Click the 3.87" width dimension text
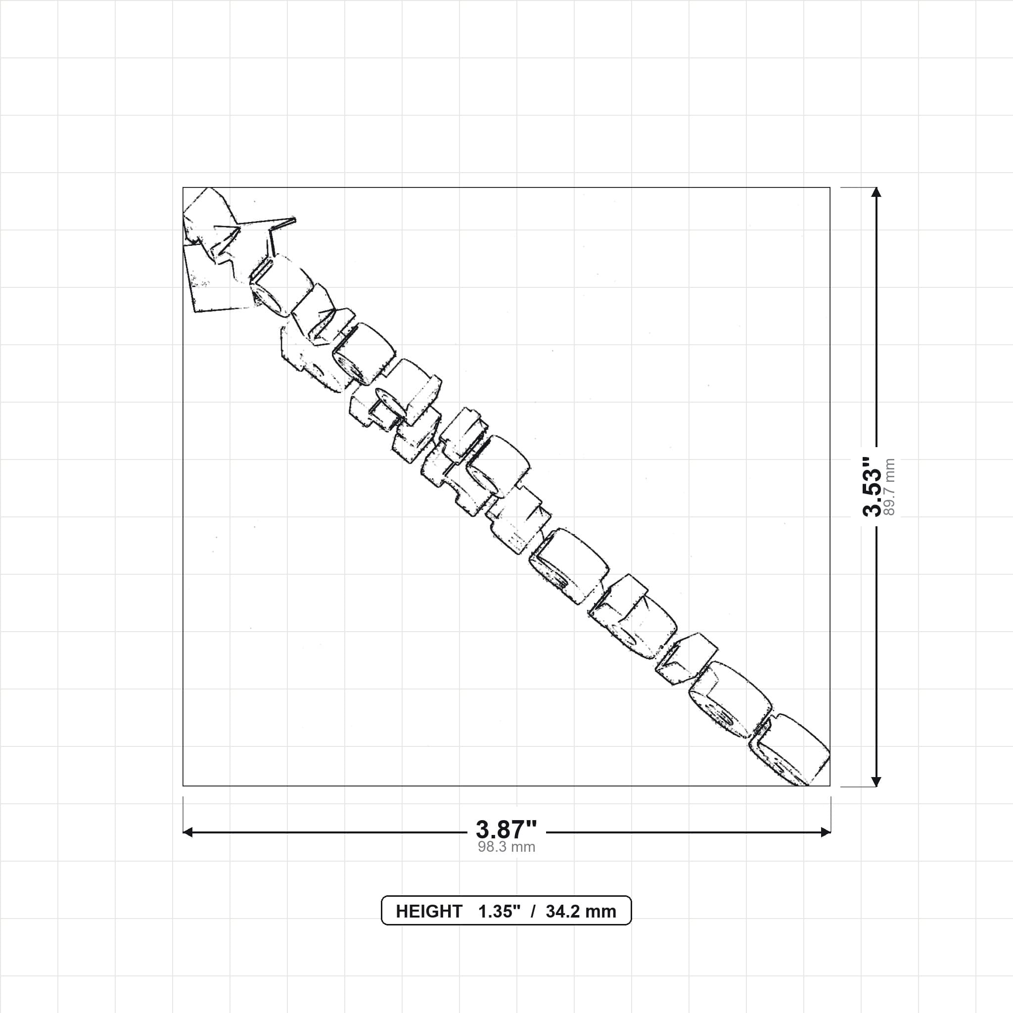pos(506,829)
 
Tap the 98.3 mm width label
pos(506,847)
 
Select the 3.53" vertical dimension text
pos(873,486)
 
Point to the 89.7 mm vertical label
pos(889,487)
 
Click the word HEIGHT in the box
pos(429,911)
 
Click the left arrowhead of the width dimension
pos(187,832)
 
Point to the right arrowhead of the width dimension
pos(826,832)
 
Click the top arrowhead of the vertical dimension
pos(875,192)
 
